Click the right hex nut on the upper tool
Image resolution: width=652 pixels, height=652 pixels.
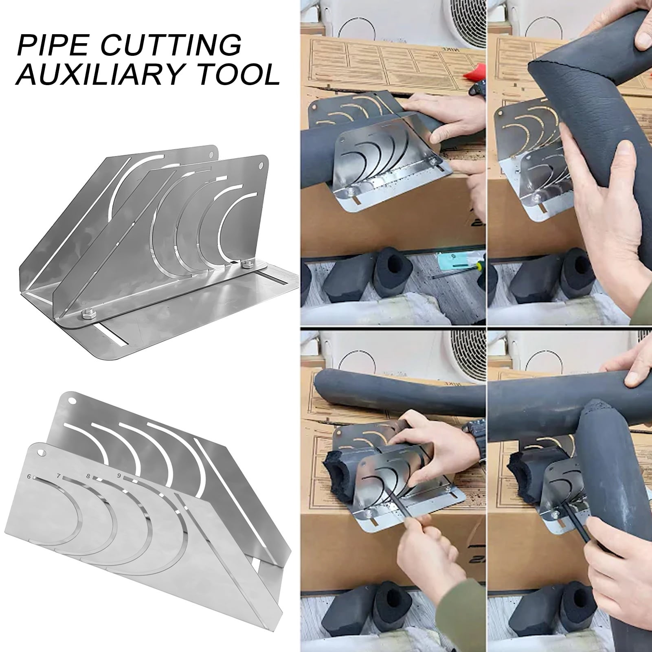click(x=246, y=265)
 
